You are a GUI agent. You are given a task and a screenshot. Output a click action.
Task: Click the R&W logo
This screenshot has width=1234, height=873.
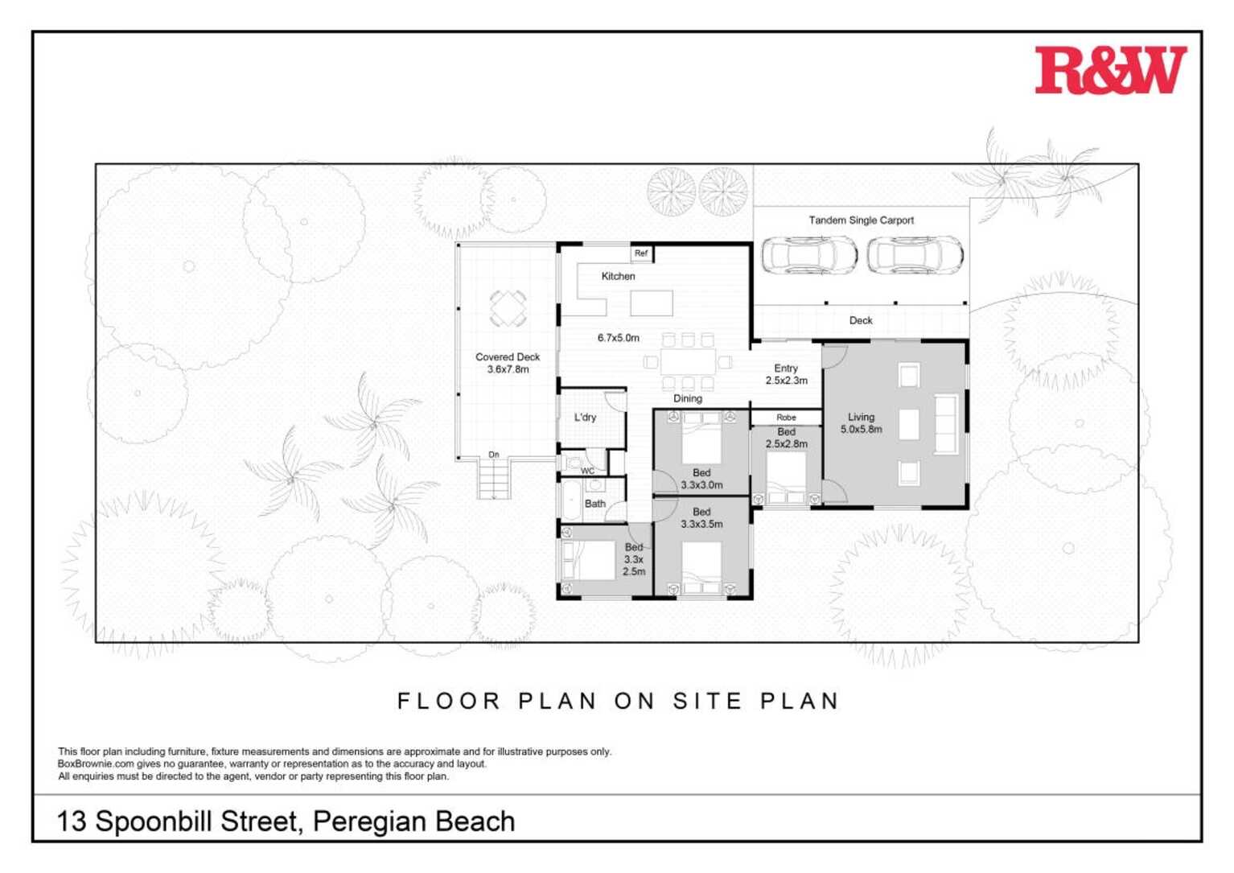point(1110,70)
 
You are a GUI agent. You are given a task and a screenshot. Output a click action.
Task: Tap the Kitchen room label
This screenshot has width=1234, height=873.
point(618,276)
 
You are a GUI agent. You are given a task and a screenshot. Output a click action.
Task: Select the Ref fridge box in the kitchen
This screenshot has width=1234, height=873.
point(641,253)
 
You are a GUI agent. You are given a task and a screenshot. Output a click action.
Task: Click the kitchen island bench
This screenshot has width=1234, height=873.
point(651,303)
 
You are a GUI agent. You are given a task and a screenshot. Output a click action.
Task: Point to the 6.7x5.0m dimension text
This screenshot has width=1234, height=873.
point(618,338)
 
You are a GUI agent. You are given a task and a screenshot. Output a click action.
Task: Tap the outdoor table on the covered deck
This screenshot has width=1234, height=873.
point(508,308)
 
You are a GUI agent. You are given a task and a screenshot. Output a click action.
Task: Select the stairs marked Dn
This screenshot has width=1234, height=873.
point(494,480)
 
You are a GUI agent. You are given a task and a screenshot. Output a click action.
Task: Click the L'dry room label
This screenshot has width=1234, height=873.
point(585,417)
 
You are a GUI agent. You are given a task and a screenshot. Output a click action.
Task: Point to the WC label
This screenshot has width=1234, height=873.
point(587,471)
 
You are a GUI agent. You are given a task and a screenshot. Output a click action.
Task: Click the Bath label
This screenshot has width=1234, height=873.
point(595,504)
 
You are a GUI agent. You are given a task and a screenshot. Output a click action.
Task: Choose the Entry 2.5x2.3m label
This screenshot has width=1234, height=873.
point(786,374)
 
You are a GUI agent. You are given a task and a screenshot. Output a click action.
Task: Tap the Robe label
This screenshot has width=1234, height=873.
point(786,417)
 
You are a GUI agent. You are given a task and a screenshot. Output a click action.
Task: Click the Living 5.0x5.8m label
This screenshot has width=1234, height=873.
point(861,423)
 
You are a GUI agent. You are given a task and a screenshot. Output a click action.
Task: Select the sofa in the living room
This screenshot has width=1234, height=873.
point(946,424)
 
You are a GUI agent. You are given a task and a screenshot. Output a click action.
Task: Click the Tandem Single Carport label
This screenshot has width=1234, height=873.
point(861,220)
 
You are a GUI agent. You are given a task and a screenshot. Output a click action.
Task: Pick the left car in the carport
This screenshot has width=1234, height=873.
point(808,256)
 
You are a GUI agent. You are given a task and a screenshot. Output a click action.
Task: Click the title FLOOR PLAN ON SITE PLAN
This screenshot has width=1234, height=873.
point(618,701)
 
